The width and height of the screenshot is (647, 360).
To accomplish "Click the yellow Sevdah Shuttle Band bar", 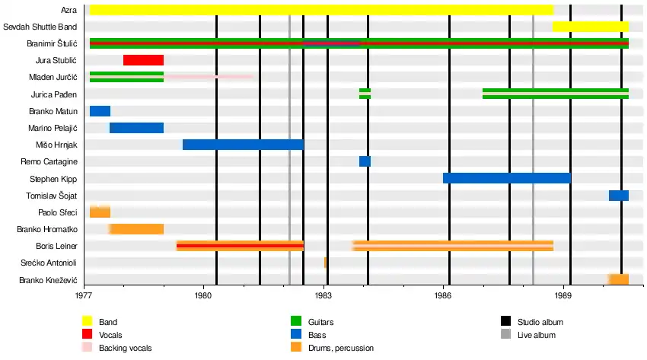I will (x=591, y=27).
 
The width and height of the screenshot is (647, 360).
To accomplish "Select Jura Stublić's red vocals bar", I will (x=143, y=60).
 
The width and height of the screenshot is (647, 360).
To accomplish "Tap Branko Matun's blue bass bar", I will (x=100, y=111).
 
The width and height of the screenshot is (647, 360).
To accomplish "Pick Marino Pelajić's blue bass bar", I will (x=136, y=128).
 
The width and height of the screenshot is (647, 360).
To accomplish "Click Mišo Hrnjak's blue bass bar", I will (x=243, y=145).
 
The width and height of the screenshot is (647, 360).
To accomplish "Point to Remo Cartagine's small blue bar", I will (x=365, y=161).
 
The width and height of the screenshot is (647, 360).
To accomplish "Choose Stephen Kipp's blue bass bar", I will (x=506, y=178).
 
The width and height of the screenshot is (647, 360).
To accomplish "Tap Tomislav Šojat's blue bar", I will (x=618, y=196).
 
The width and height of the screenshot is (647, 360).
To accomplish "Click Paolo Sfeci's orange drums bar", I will (x=100, y=212).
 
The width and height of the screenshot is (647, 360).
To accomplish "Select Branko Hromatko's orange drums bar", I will (x=137, y=229).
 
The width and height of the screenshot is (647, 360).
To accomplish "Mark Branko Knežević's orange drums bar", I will (x=618, y=279).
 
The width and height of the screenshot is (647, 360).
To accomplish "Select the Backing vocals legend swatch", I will (x=87, y=348).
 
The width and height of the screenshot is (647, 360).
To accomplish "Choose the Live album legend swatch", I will (x=505, y=335).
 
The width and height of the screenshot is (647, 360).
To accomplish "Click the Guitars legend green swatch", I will (x=297, y=322).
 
